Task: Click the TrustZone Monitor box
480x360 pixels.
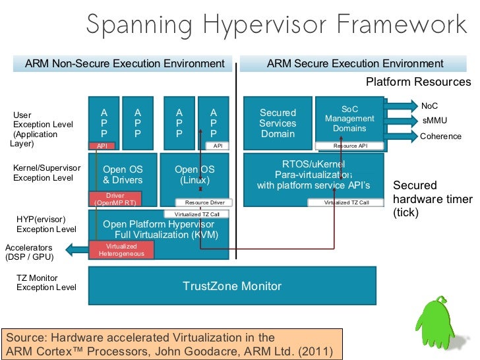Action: click(x=232, y=286)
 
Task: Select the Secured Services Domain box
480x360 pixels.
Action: click(x=278, y=123)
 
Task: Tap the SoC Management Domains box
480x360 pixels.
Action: click(x=349, y=119)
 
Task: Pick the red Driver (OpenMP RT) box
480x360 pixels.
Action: click(x=115, y=199)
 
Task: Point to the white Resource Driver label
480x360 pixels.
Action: click(x=204, y=202)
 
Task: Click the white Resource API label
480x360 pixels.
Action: click(x=350, y=145)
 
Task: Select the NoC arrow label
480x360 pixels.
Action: click(x=429, y=105)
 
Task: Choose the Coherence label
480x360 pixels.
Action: click(x=440, y=136)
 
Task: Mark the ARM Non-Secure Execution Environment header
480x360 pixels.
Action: click(x=125, y=64)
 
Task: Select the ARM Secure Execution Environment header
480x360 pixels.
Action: click(x=355, y=64)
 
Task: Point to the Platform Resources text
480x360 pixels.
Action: click(x=418, y=82)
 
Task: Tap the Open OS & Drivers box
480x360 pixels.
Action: click(x=123, y=174)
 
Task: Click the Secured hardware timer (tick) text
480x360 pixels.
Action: click(x=433, y=199)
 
